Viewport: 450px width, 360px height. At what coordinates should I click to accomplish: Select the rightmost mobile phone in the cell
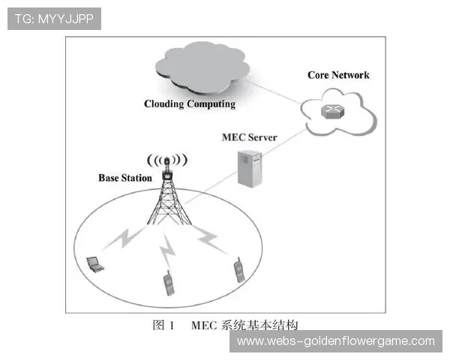tap(239, 269)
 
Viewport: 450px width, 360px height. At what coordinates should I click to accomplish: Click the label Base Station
tap(125, 178)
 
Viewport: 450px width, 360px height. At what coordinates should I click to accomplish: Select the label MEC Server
tap(250, 137)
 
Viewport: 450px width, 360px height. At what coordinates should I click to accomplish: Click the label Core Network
tap(338, 75)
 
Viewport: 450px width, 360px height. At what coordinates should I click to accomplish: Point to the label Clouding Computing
tap(190, 104)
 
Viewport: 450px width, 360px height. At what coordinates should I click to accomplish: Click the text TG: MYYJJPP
tap(53, 19)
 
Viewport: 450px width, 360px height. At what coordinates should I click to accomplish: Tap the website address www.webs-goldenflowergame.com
tap(335, 341)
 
